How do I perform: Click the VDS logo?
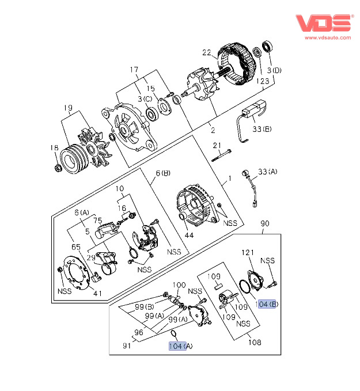pyautogui.click(x=323, y=23)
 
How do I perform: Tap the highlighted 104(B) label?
pyautogui.click(x=268, y=304)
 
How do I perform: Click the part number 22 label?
pyautogui.click(x=207, y=54)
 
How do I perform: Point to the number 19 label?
pyautogui.click(x=68, y=108)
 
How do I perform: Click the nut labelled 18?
pyautogui.click(x=58, y=168)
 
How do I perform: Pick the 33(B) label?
pyautogui.click(x=262, y=129)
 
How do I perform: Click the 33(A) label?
pyautogui.click(x=268, y=172)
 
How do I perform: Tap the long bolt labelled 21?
pyautogui.click(x=221, y=155)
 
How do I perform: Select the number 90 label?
pyautogui.click(x=265, y=223)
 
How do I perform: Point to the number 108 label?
pyautogui.click(x=255, y=343)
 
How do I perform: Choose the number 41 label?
pyautogui.click(x=98, y=293)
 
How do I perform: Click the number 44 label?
pyautogui.click(x=189, y=236)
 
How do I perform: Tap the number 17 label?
pyautogui.click(x=134, y=70)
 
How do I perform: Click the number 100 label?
pyautogui.click(x=180, y=284)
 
